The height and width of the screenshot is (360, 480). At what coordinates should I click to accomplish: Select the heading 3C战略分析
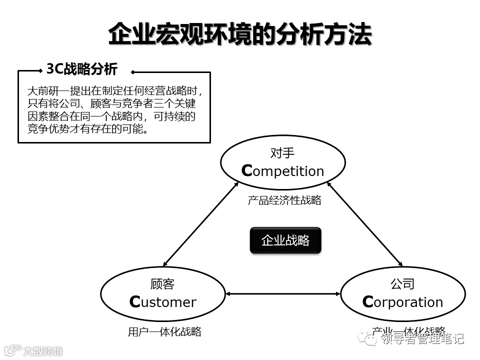[81, 69]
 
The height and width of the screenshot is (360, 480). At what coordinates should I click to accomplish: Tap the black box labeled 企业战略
[285, 240]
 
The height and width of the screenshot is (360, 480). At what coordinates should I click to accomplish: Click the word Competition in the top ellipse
[283, 171]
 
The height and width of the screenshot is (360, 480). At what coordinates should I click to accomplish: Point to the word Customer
[163, 302]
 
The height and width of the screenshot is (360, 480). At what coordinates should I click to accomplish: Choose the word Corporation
[402, 302]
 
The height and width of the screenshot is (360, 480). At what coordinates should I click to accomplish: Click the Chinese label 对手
[282, 152]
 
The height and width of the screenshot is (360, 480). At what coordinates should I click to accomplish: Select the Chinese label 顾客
[162, 284]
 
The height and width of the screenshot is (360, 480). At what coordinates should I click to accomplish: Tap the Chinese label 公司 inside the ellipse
[402, 284]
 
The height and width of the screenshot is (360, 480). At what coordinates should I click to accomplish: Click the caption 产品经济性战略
[284, 200]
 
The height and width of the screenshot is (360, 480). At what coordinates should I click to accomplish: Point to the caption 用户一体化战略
[164, 331]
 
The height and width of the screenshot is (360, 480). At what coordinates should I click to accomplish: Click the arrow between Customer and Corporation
[283, 294]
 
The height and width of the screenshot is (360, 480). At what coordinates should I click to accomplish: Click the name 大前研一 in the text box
[43, 91]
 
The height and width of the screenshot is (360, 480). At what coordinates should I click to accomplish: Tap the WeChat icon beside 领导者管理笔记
[372, 339]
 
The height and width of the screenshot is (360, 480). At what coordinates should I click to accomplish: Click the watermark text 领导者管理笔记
[422, 339]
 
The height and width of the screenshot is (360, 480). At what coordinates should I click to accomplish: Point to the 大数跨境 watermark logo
[32, 350]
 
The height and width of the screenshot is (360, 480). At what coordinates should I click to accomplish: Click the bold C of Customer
[134, 302]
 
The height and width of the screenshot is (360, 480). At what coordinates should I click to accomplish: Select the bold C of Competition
[246, 171]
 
